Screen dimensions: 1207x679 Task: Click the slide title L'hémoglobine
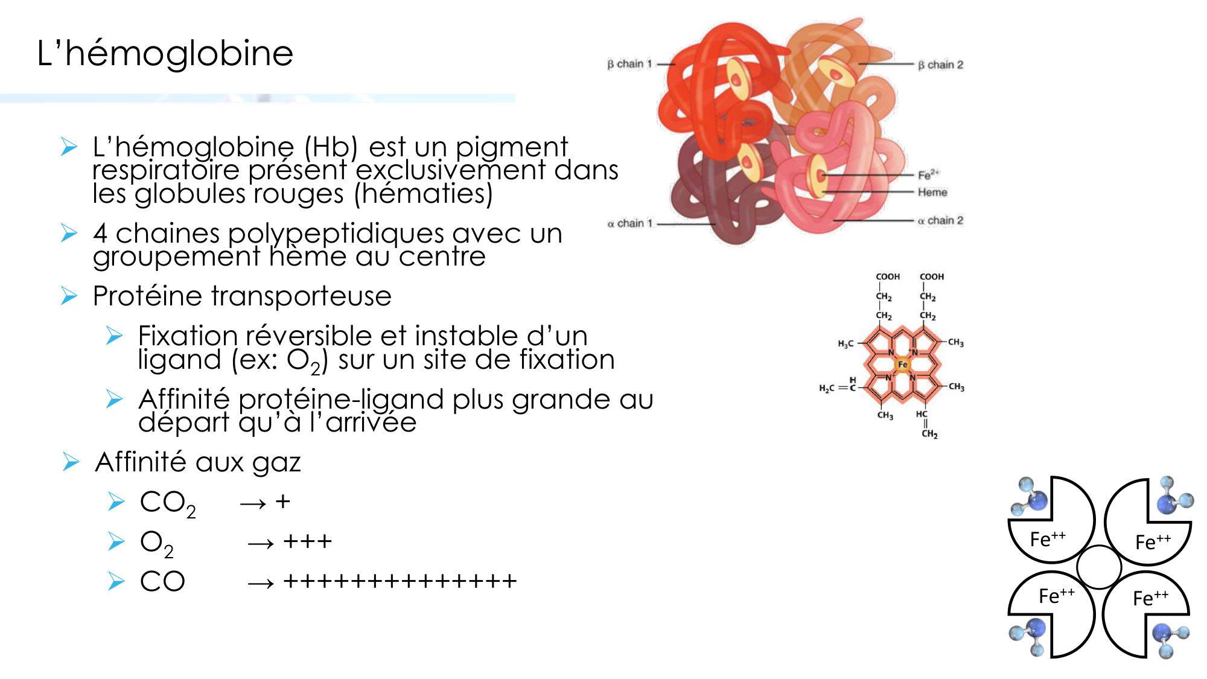click(165, 53)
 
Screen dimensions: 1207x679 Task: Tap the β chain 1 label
click(629, 64)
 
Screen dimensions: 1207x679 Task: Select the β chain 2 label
click(940, 65)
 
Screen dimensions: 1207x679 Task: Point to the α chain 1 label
click(629, 223)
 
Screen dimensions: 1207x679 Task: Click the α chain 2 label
click(940, 220)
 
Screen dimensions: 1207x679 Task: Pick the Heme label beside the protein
click(932, 192)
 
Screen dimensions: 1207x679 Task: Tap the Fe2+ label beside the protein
click(928, 174)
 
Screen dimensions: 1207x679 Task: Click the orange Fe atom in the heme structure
click(902, 365)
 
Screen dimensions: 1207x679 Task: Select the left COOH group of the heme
click(888, 276)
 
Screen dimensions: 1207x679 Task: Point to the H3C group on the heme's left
click(846, 343)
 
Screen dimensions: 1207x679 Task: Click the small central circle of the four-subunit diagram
click(1099, 567)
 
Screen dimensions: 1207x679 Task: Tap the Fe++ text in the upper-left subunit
click(1048, 538)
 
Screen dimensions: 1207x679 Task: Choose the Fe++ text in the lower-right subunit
click(1150, 598)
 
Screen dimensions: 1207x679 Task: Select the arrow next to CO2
click(253, 503)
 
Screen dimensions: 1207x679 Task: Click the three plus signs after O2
click(308, 541)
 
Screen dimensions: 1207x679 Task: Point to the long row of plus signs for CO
click(400, 581)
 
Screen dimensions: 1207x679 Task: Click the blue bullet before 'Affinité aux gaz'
click(71, 462)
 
